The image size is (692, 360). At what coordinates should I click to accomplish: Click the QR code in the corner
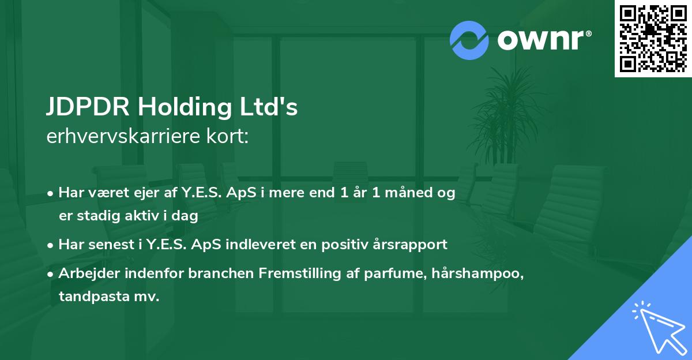point(653,38)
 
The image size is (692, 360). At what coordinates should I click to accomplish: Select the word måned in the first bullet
point(409,193)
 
